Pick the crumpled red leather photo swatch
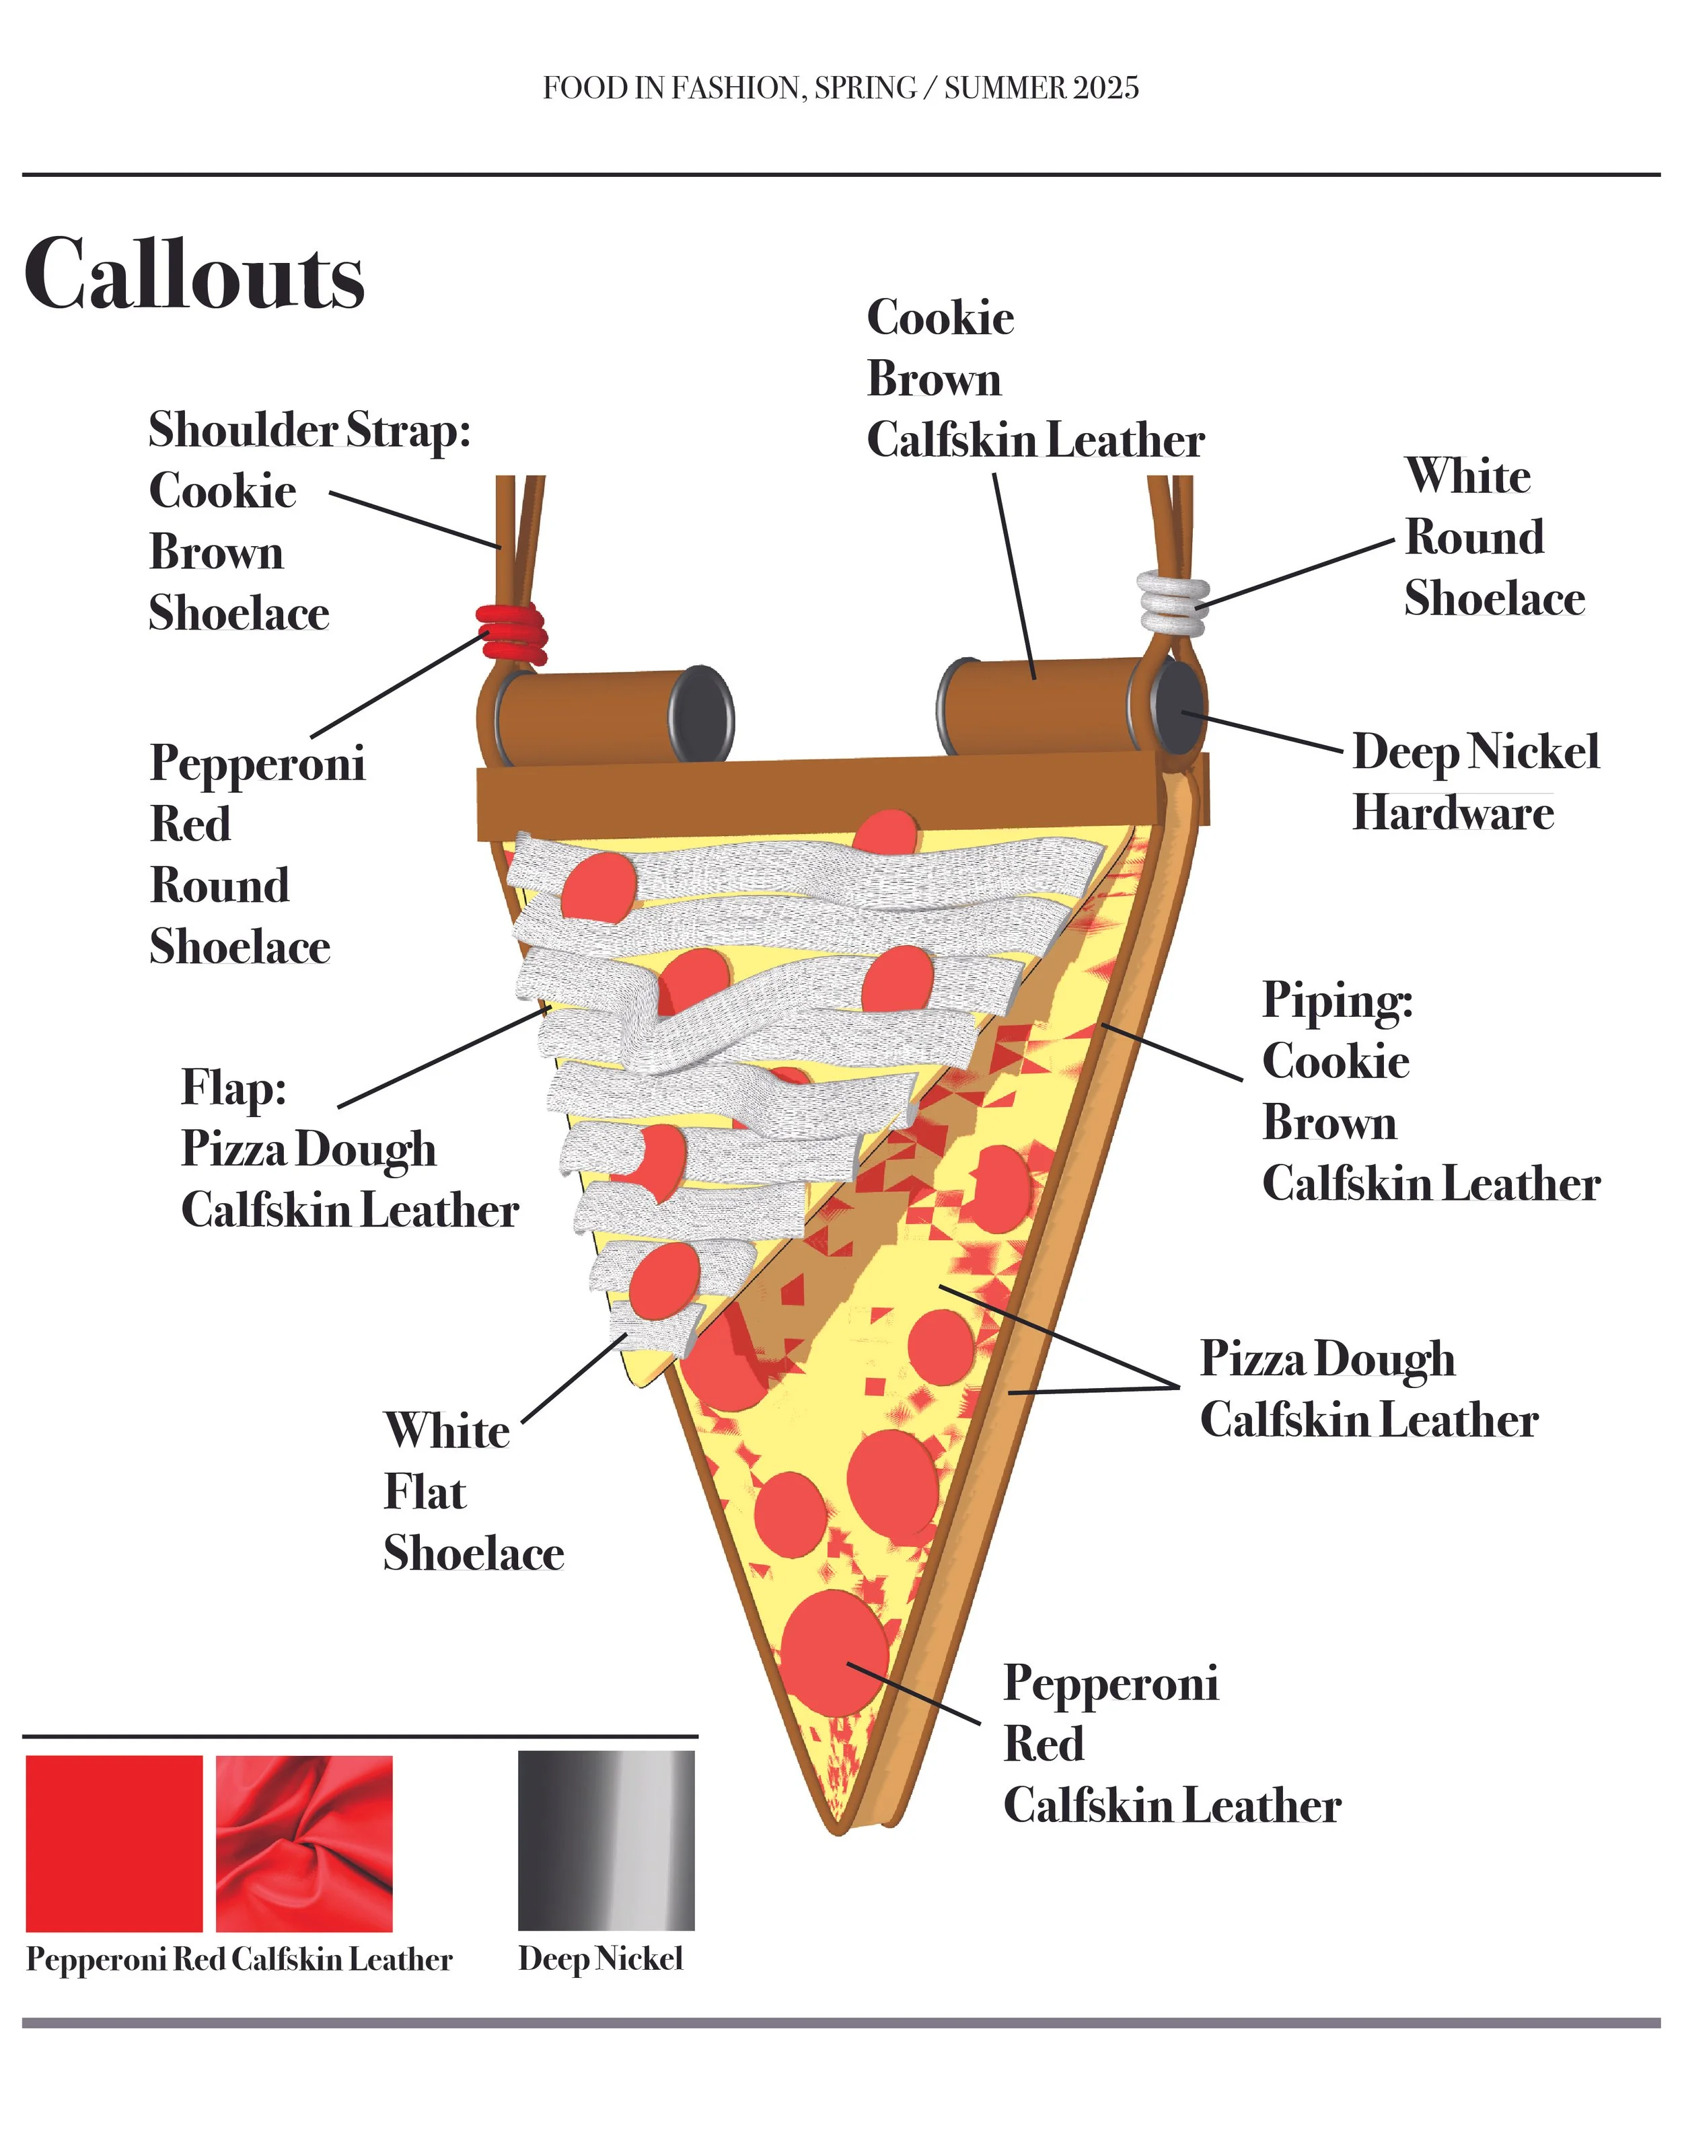click(x=303, y=1843)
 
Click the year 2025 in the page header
click(x=1106, y=89)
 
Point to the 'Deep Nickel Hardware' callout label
click(x=1474, y=783)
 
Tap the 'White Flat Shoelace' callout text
click(x=473, y=1492)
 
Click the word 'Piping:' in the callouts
click(x=1338, y=1000)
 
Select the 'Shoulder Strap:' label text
click(x=309, y=430)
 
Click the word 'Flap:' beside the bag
click(x=233, y=1087)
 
